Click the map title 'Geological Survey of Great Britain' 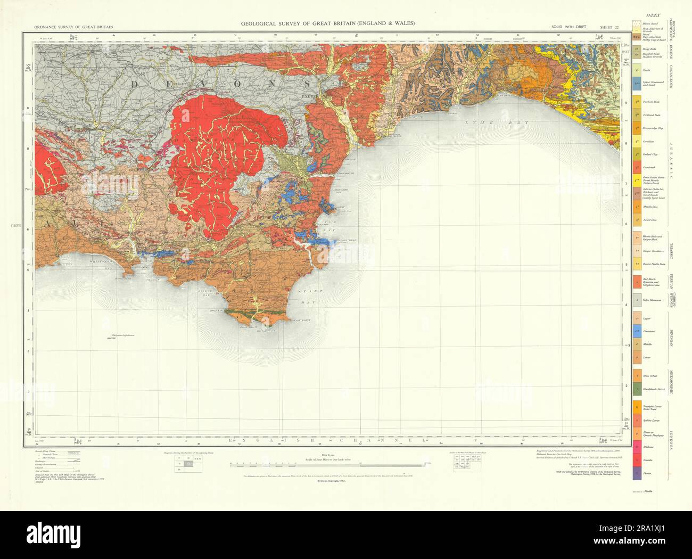tap(328, 23)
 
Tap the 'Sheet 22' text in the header tap(609, 27)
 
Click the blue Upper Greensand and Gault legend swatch tap(636, 83)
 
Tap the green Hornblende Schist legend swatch tap(636, 390)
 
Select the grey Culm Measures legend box tap(636, 300)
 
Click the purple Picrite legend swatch tap(636, 472)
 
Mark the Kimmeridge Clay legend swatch tap(636, 128)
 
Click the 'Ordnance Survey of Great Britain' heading tap(74, 27)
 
